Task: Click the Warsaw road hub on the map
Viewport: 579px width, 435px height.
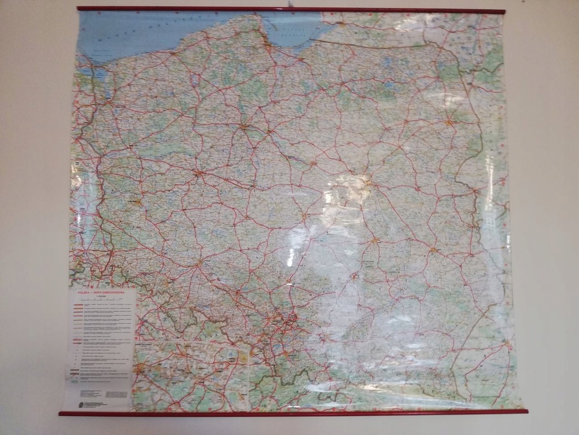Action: tap(367, 182)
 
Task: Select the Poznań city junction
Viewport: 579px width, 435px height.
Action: tap(198, 173)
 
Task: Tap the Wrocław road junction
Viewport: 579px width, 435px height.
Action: tap(198, 262)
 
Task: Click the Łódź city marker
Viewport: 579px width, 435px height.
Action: tap(304, 216)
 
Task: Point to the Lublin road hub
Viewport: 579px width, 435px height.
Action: tap(433, 249)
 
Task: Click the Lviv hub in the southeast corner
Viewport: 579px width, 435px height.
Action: tap(508, 343)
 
